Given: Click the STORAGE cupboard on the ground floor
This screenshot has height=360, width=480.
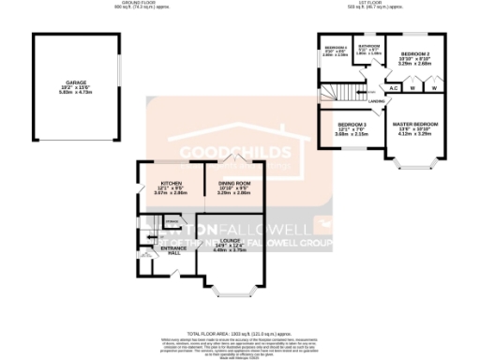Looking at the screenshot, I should tap(172, 221).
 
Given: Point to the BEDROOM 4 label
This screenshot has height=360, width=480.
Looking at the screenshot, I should tap(336, 47).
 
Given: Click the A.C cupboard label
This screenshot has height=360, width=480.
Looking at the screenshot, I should tap(395, 87).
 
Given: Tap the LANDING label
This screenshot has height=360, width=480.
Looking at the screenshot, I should tap(376, 100).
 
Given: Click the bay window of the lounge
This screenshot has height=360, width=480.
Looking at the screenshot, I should tap(229, 291).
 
